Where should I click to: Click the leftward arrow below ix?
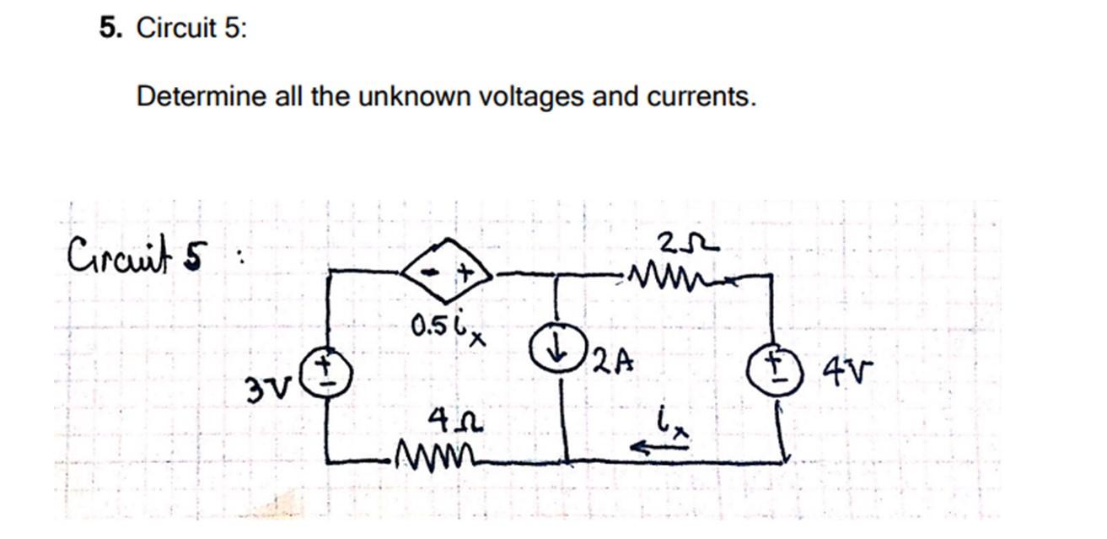(659, 450)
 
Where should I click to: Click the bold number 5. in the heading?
(109, 29)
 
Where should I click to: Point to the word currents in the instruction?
(701, 97)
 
